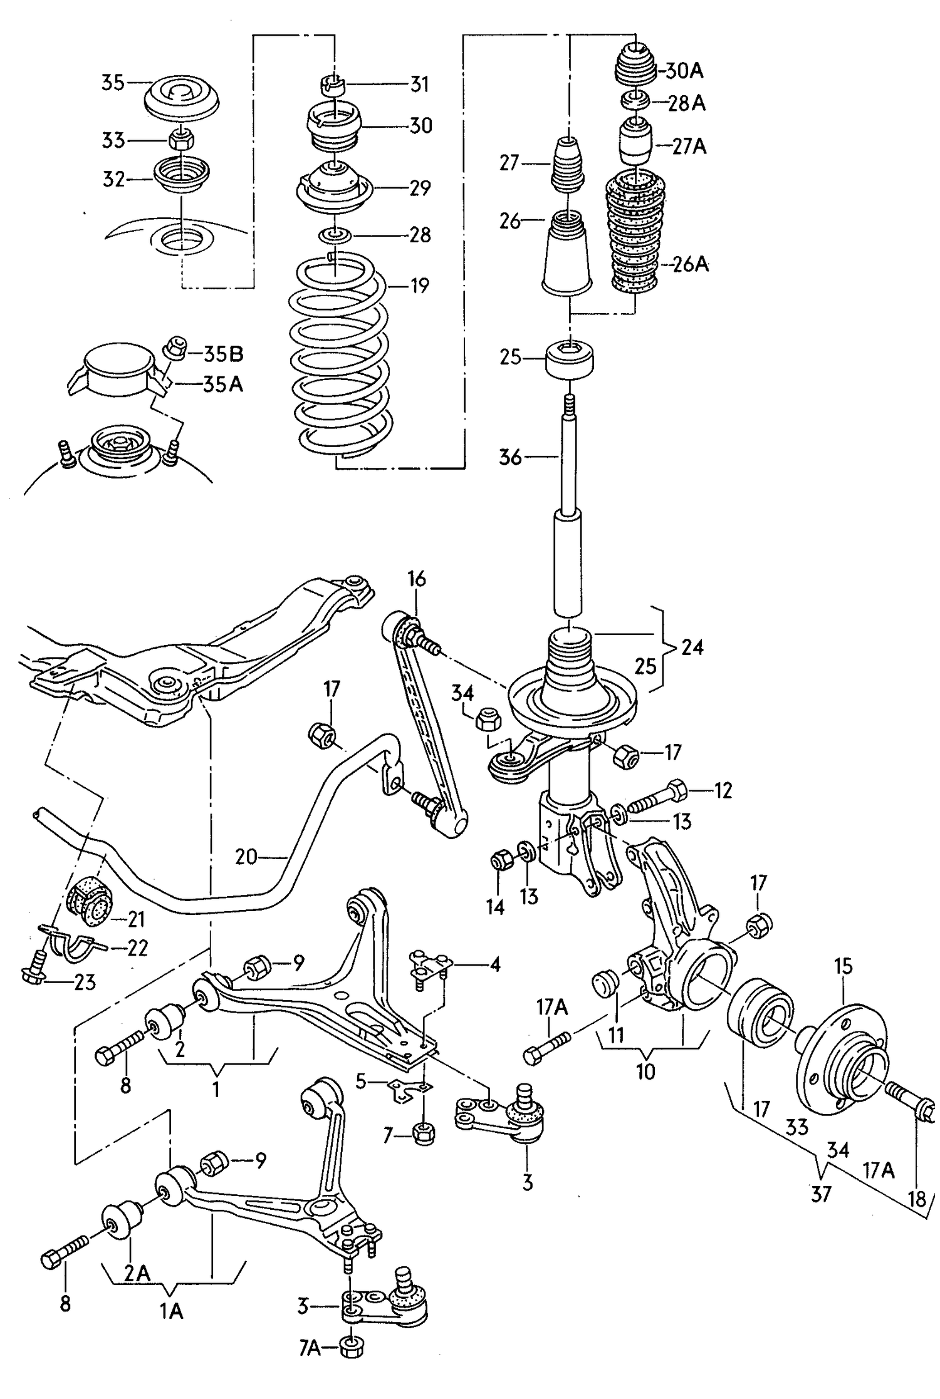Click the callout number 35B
point(223,354)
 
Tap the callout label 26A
point(691,264)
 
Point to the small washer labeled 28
point(335,235)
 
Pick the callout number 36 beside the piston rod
point(510,457)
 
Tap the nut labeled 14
point(502,861)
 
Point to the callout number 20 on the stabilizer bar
point(247,856)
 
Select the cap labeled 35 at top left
point(182,99)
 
